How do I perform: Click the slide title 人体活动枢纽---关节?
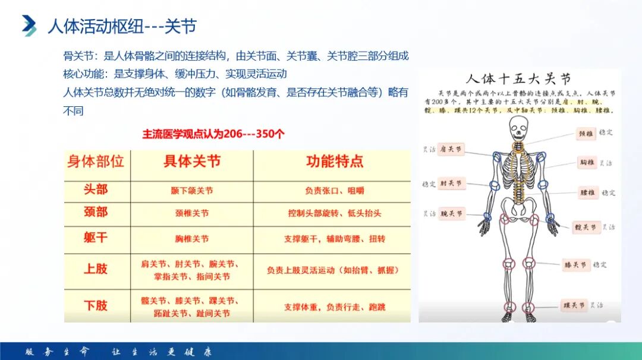[x=122, y=27]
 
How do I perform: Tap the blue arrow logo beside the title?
[x=29, y=25]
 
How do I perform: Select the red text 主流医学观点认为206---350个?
[x=213, y=134]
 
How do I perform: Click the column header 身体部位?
[x=96, y=162]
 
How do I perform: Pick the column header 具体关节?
[x=192, y=162]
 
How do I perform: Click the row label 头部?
[x=96, y=190]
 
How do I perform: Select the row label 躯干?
[x=96, y=238]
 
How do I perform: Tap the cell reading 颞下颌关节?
[x=191, y=191]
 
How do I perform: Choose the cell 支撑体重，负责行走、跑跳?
[x=334, y=307]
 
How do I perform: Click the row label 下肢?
[x=96, y=305]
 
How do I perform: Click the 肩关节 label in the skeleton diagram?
[x=451, y=150]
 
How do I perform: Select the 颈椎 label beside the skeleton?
[x=586, y=134]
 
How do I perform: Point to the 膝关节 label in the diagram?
[x=575, y=265]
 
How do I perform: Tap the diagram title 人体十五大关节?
[x=518, y=79]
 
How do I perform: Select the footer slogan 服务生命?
[x=56, y=351]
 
